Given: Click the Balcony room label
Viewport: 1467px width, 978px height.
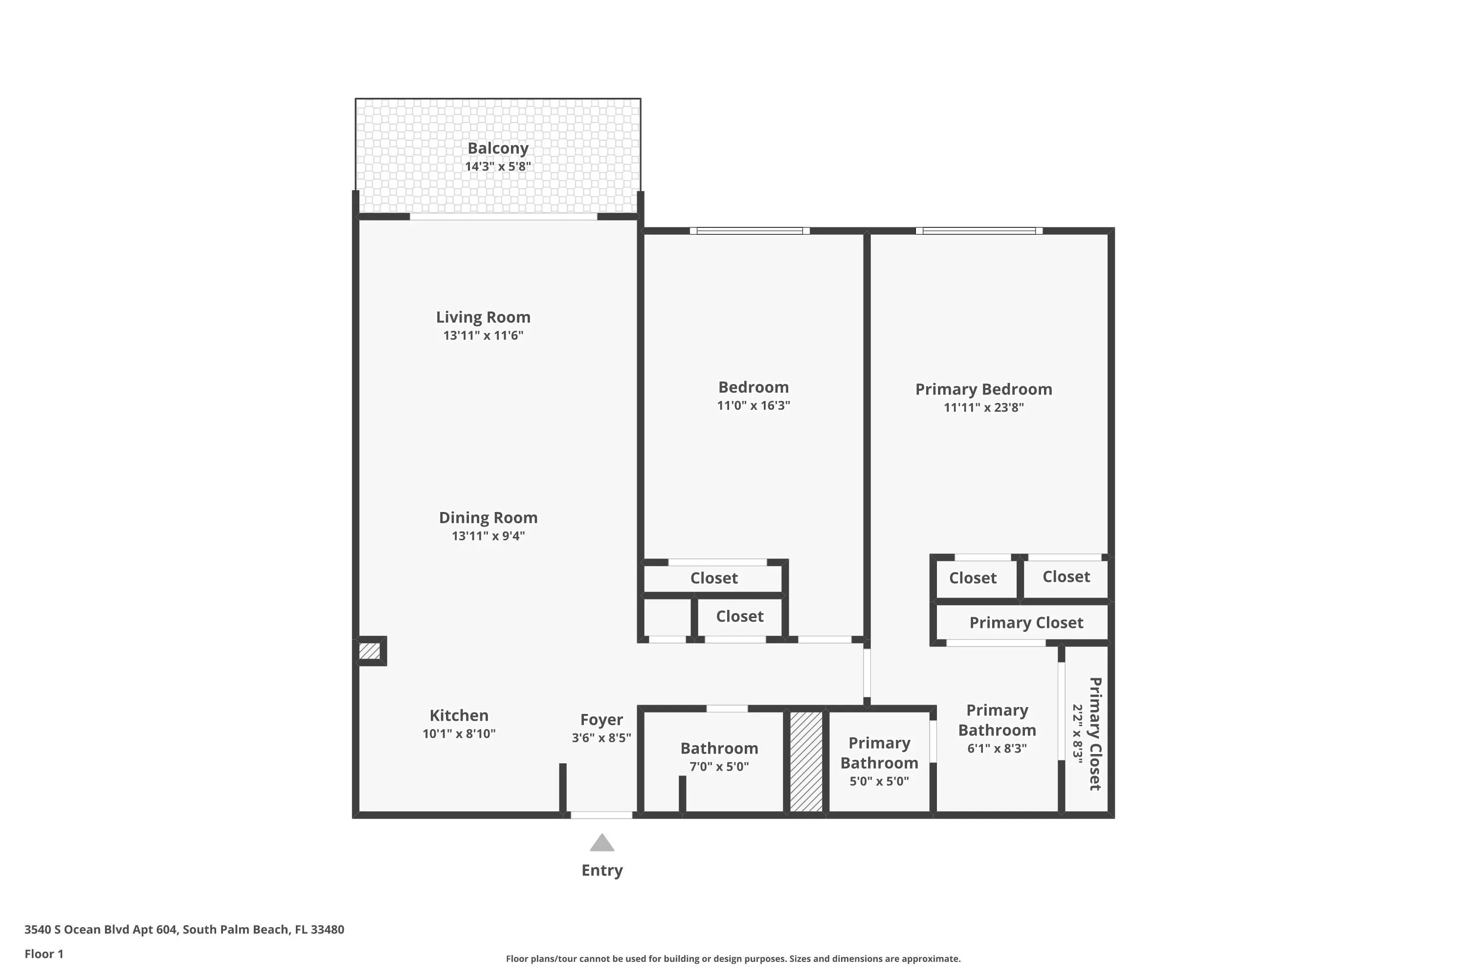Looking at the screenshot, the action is (498, 149).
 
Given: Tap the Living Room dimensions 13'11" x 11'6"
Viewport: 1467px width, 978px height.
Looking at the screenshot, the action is (484, 335).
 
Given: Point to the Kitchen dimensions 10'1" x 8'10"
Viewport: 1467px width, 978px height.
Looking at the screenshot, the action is (459, 733).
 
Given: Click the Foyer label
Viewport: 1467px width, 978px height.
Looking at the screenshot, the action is (602, 720).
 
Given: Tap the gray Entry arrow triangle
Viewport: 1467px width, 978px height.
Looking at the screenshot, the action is (602, 843).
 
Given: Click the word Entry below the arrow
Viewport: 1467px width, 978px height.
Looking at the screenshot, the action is (602, 871).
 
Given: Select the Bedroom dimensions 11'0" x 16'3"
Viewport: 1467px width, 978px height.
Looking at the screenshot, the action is (754, 405).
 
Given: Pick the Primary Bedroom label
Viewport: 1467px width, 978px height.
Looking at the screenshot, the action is (983, 390).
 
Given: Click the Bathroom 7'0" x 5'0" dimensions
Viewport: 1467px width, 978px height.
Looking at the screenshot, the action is (719, 767).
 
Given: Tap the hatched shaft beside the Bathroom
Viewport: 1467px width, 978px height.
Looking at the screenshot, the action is (806, 761).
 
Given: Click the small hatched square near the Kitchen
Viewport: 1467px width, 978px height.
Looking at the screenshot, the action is (369, 651).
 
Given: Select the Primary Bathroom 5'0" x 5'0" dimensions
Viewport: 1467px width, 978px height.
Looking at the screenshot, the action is (879, 781).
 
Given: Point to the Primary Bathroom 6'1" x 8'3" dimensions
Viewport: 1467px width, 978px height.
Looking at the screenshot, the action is (997, 749).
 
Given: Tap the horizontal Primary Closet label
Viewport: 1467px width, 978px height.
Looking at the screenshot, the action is (1026, 623).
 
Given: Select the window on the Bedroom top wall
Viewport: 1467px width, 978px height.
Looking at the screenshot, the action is (750, 231).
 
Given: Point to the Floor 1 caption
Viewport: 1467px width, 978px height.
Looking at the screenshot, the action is (44, 954).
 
